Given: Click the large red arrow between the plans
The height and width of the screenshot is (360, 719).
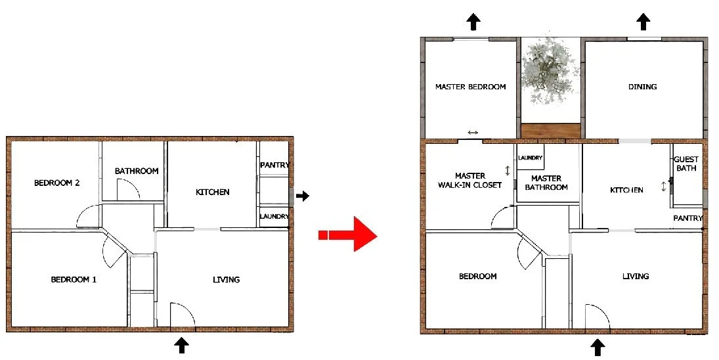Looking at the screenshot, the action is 347,235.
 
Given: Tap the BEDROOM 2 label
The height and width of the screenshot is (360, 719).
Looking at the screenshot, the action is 57,183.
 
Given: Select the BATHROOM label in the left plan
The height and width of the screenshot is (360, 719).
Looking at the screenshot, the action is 137,171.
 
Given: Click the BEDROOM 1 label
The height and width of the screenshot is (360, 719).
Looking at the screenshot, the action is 74,279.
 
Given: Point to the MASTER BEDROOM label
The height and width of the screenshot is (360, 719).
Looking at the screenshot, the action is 470,87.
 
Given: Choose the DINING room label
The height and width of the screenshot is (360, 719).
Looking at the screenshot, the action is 642,87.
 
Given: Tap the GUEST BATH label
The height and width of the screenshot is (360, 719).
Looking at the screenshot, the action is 686,164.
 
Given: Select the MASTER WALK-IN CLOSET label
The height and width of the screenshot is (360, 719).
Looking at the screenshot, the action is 470,180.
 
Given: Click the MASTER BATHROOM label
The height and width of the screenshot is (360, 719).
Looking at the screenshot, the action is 546,183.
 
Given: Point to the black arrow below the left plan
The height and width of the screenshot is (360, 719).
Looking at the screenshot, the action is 182,345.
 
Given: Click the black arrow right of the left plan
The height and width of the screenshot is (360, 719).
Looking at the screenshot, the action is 302,196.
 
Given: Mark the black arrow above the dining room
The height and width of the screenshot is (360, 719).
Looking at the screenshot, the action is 643,21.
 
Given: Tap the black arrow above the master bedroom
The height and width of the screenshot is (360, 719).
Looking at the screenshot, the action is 473,21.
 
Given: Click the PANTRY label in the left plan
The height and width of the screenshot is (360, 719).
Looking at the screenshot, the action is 274,165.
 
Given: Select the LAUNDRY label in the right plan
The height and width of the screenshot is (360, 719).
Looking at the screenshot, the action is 530,158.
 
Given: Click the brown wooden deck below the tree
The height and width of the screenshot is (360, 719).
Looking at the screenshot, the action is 551,130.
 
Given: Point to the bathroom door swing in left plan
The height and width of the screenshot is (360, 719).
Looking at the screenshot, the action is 129,189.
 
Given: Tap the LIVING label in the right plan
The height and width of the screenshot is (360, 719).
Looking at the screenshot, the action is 636,276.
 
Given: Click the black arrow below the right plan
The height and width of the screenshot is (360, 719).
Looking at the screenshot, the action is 598,347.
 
